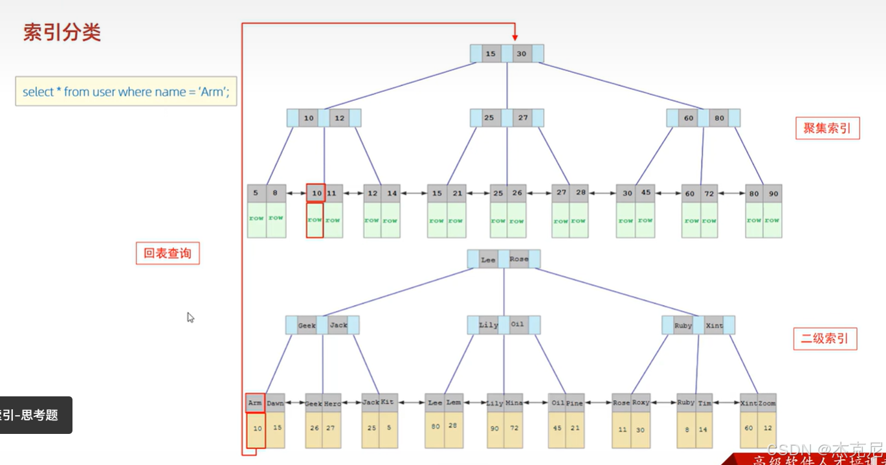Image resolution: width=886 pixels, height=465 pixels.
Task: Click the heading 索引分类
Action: click(62, 33)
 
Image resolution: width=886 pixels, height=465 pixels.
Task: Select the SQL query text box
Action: click(126, 92)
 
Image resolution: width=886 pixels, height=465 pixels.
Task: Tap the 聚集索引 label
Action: click(827, 128)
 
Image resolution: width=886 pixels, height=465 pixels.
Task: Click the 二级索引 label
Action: click(825, 338)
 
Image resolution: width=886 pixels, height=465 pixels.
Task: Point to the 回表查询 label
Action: click(168, 253)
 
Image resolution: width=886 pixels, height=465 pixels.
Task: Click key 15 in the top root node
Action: click(491, 54)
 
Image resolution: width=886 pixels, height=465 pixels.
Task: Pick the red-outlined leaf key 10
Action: click(316, 193)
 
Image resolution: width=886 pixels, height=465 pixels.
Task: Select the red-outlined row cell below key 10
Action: click(315, 220)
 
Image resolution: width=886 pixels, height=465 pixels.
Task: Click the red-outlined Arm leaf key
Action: click(255, 403)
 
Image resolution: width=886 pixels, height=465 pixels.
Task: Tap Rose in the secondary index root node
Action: click(519, 259)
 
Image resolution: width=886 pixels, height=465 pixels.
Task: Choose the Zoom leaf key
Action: click(767, 403)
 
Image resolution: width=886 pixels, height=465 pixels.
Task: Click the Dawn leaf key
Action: click(275, 403)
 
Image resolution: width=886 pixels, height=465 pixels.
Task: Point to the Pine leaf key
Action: click(574, 403)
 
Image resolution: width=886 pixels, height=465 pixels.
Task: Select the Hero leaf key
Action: click(333, 403)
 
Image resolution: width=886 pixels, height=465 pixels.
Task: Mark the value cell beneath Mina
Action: click(515, 429)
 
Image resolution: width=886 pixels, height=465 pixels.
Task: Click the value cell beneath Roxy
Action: click(641, 430)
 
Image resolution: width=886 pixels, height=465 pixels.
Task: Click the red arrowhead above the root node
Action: click(515, 36)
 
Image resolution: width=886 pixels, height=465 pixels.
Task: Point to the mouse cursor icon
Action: click(190, 317)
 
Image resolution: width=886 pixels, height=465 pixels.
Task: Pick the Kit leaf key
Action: click(388, 402)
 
